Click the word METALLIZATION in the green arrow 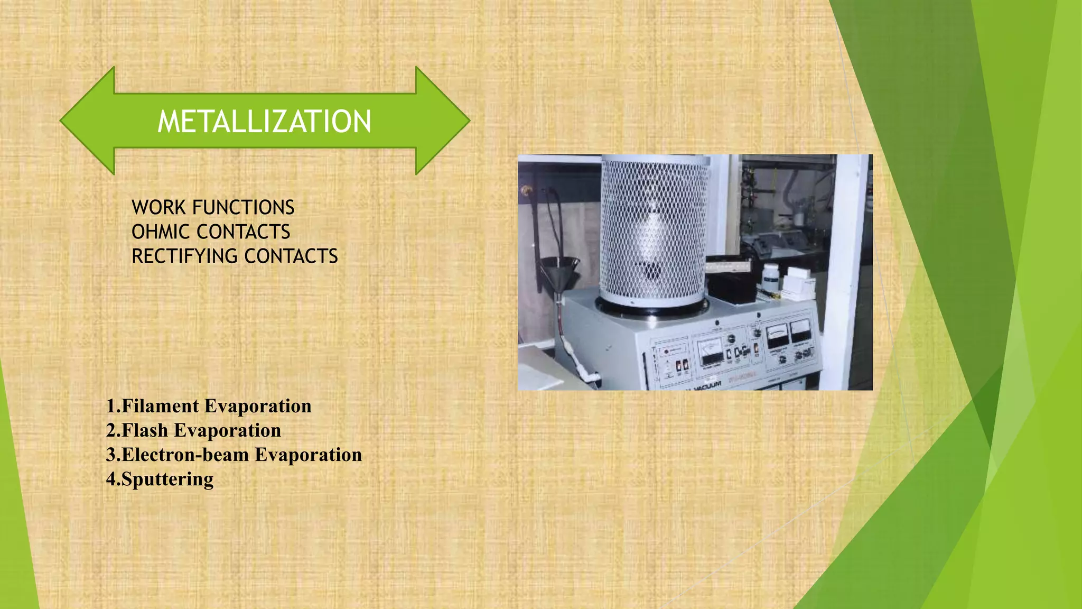tap(264, 122)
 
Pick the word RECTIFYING tap(184, 256)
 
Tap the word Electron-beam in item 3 tap(185, 455)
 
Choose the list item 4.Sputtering tap(160, 479)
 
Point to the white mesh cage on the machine tap(654, 233)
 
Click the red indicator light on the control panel tap(667, 351)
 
